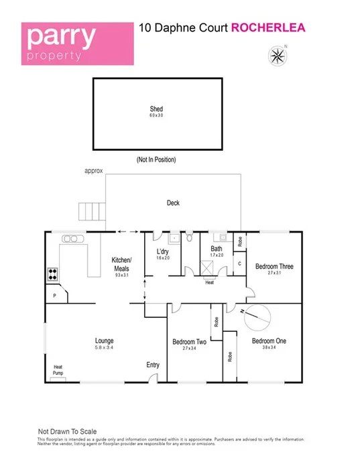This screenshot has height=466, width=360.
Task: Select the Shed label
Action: coord(156,109)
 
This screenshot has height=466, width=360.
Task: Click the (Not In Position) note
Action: coord(158,160)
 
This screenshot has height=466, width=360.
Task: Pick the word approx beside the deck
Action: coord(94,171)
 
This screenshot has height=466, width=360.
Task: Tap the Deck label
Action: coord(173,202)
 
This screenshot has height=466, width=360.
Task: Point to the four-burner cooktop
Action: coord(52,274)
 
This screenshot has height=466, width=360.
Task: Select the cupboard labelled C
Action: coord(239,264)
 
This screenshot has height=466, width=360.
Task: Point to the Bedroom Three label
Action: coord(274,266)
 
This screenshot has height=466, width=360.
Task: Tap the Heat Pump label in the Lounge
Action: coord(58,369)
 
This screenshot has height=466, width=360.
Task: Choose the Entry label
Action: coord(154,365)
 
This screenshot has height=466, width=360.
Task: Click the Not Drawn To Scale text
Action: coord(66,431)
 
